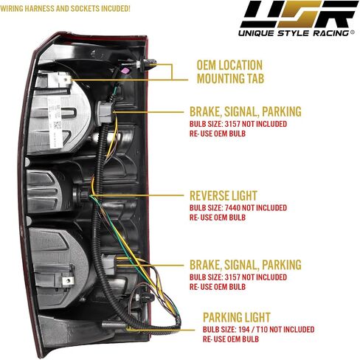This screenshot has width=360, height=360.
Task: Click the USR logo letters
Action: tap(299, 14)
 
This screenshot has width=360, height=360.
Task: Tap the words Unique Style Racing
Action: tap(294, 33)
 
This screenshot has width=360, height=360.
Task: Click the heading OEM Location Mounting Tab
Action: tap(230, 72)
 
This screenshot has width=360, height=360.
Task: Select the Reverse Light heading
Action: tap(224, 196)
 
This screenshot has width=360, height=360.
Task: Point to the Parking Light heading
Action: tap(237, 317)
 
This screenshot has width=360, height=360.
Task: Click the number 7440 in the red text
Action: tap(232, 208)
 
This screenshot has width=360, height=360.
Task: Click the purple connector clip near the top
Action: tap(125, 71)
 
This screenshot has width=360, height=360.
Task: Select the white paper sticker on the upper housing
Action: tap(55, 122)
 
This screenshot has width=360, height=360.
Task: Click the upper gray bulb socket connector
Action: tap(105, 112)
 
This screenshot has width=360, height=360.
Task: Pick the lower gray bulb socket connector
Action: tap(108, 264)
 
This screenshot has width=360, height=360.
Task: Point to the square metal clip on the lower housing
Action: tap(68, 280)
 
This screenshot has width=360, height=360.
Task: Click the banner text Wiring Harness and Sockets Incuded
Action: tap(65, 9)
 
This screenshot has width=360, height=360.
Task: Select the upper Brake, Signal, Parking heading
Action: tap(246, 111)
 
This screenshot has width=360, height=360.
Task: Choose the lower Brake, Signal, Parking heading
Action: tap(246, 265)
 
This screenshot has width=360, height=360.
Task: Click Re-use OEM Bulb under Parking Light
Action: tap(231, 339)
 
